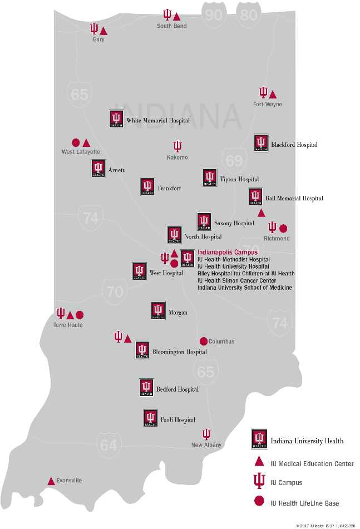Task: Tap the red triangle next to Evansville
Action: tap(51, 481)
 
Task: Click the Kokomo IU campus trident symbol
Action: tap(177, 146)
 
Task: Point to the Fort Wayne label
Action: tap(268, 104)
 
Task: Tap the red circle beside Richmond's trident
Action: tap(283, 228)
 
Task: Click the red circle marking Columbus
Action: tap(204, 341)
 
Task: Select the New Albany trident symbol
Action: tap(206, 434)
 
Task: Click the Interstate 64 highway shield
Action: tap(109, 444)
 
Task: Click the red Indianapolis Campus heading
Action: tap(228, 252)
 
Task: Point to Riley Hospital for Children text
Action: tap(246, 274)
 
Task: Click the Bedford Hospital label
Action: tap(177, 389)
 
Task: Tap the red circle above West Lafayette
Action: tap(76, 142)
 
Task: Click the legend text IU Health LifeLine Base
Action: tap(304, 503)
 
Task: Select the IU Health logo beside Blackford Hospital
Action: tap(261, 143)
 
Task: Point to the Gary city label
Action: tap(98, 39)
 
